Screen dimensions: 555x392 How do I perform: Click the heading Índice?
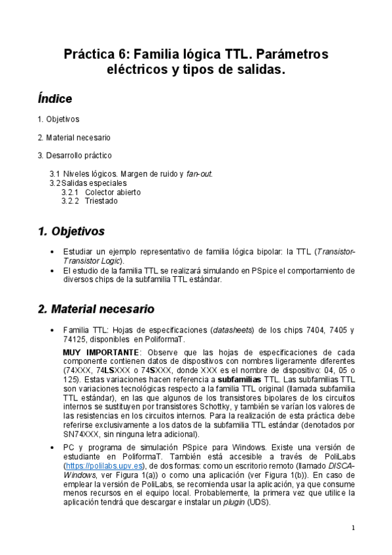(55, 99)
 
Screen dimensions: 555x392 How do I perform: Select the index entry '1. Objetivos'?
(58, 119)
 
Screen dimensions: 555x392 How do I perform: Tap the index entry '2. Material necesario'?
(74, 137)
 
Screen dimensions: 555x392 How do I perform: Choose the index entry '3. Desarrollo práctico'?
(75, 155)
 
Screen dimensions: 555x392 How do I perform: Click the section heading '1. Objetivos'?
(71, 231)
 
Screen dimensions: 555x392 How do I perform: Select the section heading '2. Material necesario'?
(96, 308)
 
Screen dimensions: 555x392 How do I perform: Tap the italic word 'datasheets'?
(234, 330)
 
